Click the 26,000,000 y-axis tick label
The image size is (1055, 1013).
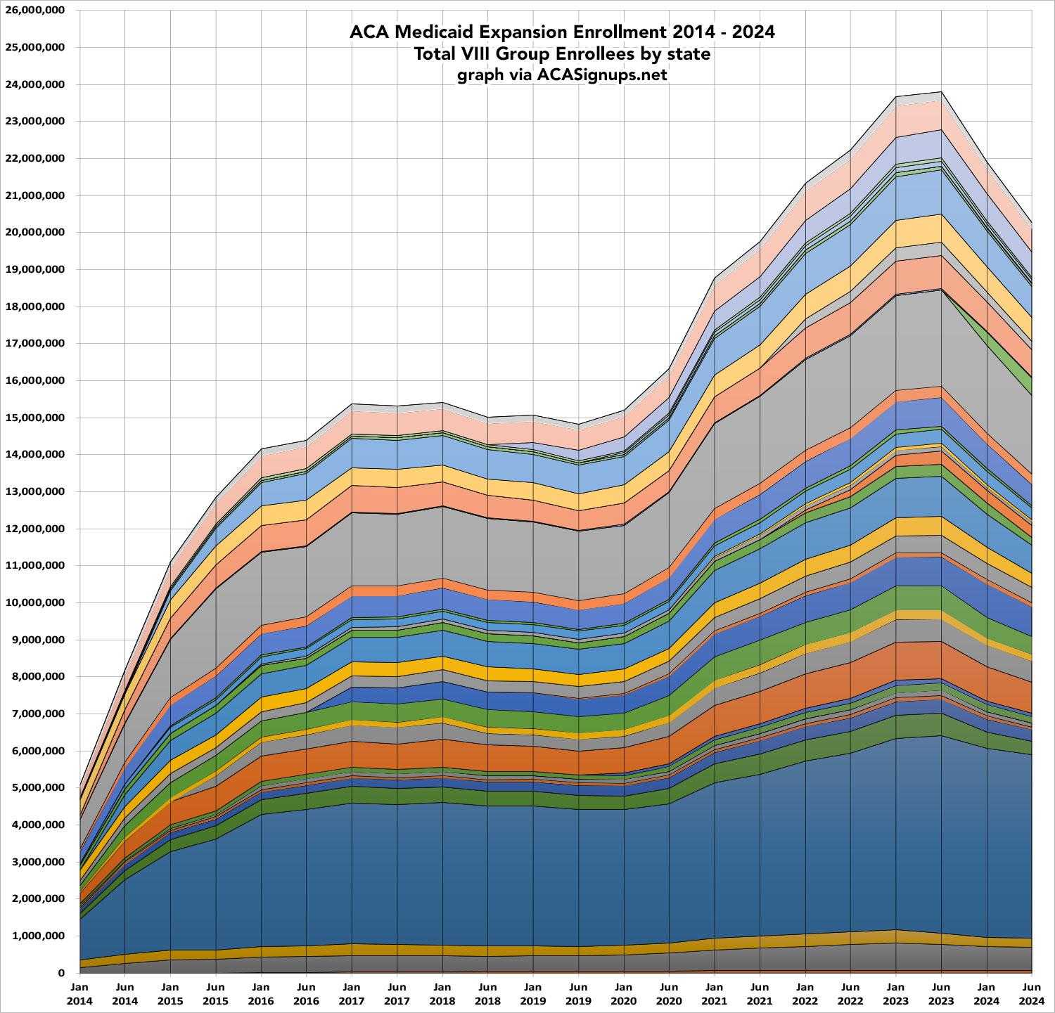click(x=35, y=11)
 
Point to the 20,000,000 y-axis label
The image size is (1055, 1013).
click(x=35, y=233)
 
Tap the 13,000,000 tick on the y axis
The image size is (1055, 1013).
click(x=35, y=491)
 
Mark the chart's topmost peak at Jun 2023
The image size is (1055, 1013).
click(x=941, y=92)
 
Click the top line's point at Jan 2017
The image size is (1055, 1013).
click(x=352, y=404)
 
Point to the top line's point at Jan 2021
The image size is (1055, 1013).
click(x=715, y=278)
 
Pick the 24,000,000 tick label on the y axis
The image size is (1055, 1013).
click(x=35, y=84)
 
